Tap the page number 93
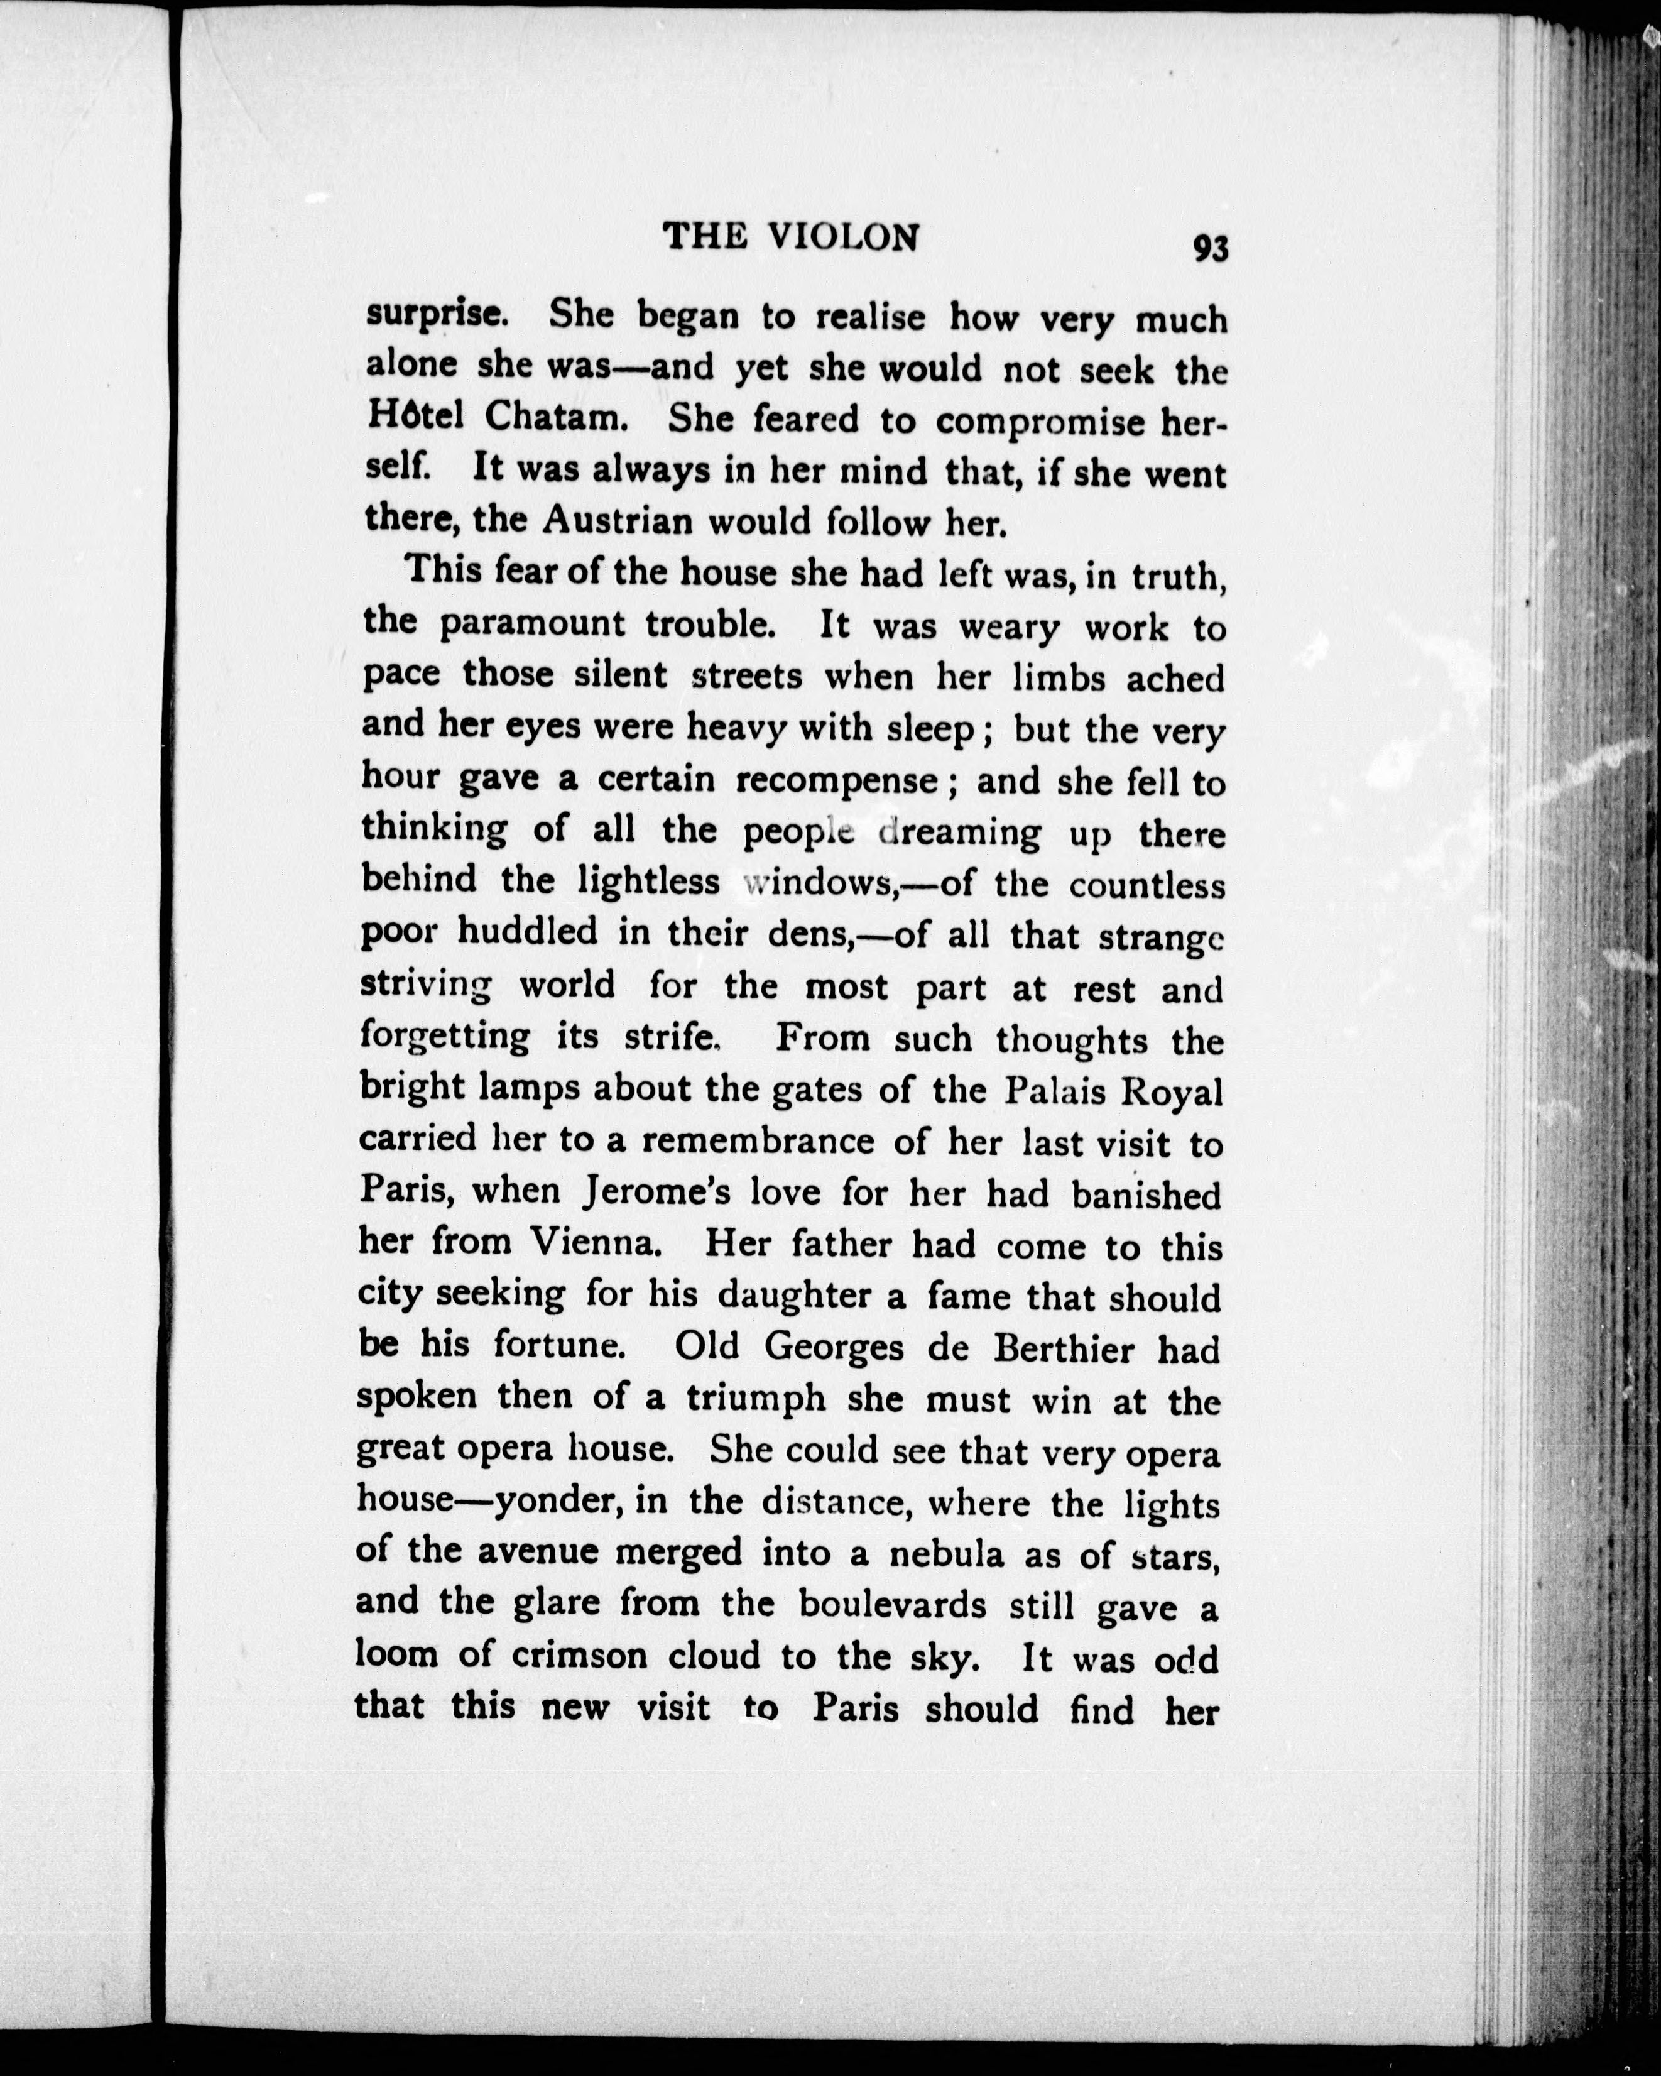(x=1211, y=248)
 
